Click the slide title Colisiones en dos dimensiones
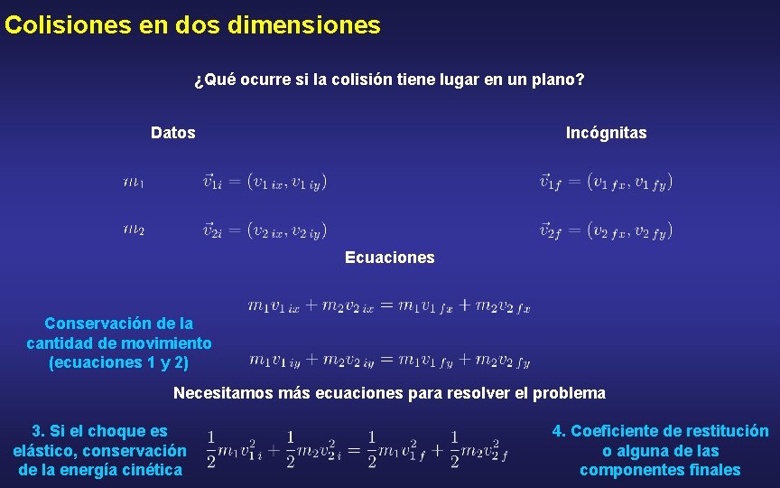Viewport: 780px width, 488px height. [x=192, y=25]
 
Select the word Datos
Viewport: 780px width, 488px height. [x=173, y=133]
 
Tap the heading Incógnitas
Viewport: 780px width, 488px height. [x=606, y=133]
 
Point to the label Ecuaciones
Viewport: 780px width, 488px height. [x=389, y=258]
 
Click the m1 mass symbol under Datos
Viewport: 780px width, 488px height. [x=134, y=183]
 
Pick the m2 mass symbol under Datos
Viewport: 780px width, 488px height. [x=134, y=230]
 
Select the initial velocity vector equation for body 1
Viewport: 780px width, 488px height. [x=265, y=183]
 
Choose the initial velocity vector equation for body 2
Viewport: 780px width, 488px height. [x=265, y=230]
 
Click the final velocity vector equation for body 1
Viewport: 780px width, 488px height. [x=606, y=182]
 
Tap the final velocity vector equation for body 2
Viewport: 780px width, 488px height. [x=606, y=230]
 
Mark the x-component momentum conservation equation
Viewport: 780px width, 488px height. [x=389, y=306]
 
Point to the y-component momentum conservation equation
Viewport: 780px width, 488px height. [x=389, y=361]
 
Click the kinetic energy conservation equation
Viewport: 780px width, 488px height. [x=357, y=449]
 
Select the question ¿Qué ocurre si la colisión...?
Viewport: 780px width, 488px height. [x=389, y=80]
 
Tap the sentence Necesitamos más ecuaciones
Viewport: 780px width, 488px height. [x=389, y=393]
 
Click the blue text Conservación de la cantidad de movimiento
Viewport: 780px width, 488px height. [x=119, y=343]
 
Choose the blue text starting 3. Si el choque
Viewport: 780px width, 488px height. [x=99, y=450]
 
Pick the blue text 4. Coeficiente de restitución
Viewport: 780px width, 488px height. [x=660, y=450]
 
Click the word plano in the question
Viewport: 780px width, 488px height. [x=561, y=80]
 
